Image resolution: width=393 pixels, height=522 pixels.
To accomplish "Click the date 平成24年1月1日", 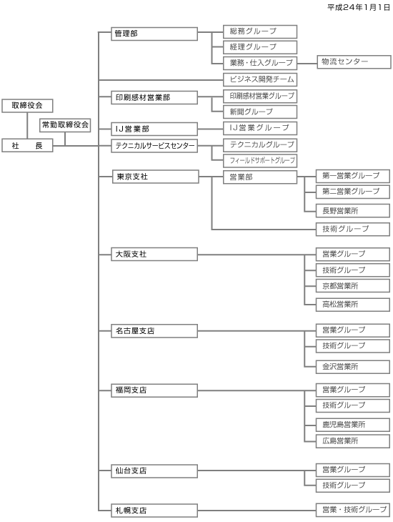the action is [359, 7].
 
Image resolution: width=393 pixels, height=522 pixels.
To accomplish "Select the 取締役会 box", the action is [27, 106].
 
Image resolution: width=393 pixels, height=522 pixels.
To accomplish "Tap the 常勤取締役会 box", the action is [65, 125].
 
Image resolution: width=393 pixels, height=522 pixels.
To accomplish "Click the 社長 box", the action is [27, 145].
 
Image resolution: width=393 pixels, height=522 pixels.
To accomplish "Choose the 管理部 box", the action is [154, 34].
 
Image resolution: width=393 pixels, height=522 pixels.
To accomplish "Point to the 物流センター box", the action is [354, 62].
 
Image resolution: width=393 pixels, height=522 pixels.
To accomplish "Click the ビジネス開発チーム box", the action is [260, 79].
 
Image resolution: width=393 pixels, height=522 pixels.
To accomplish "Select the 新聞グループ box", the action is [260, 112].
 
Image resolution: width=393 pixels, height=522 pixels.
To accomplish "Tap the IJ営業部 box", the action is [154, 129].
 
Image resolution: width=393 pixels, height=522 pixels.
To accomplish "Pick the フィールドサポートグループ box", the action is [260, 161].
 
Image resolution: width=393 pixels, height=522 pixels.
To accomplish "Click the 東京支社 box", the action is [155, 177].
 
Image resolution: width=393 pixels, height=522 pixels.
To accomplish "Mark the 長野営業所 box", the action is [353, 211].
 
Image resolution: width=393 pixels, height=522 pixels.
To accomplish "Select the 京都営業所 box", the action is [353, 286].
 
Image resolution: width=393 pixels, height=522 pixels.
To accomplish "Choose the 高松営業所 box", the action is [353, 305].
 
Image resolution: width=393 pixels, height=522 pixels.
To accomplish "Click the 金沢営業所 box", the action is [353, 367].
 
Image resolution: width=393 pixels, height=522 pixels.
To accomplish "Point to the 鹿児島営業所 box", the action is [353, 425].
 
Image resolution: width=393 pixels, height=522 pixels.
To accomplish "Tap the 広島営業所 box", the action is [353, 441].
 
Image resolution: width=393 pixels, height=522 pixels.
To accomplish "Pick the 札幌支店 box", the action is [154, 511].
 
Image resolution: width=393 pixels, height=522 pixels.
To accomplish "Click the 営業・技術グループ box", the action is [353, 510].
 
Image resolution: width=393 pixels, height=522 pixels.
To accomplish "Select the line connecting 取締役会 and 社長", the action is [27, 126].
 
